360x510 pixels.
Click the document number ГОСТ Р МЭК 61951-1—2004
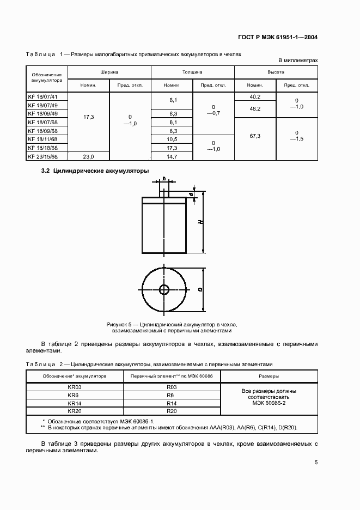[278, 38]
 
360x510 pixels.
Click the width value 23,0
[88, 156]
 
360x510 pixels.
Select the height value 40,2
[255, 96]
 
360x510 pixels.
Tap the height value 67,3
[255, 135]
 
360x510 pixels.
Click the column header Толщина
[192, 72]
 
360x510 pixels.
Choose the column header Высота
[276, 72]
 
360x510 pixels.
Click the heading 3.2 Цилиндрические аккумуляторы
[95, 171]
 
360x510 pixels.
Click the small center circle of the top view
[164, 288]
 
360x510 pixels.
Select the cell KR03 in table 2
[75, 387]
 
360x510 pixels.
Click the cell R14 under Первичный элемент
[171, 403]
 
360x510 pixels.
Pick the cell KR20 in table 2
[75, 410]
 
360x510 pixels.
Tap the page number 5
[316, 463]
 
